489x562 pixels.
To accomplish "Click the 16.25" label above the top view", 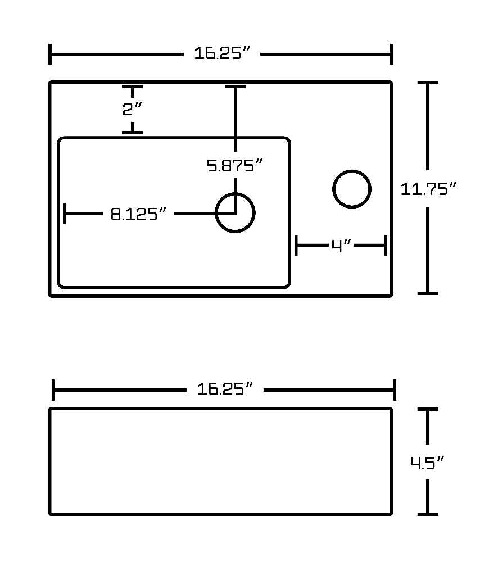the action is tap(221, 53).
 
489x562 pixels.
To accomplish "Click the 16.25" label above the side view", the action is tap(225, 389).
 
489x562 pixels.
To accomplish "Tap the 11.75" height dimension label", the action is tap(428, 189).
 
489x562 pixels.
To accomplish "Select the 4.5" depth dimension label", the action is tap(427, 463).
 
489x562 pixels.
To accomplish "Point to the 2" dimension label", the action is tap(132, 109).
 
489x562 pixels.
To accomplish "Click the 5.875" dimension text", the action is tap(235, 165).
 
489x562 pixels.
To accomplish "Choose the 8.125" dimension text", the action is tap(138, 214).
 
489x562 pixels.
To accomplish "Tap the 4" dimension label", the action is tap(341, 246).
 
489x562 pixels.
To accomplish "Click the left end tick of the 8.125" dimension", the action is tap(65, 214).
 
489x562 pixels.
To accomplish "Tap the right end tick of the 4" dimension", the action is tap(386, 246).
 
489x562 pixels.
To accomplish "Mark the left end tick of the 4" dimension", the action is tap(296, 246).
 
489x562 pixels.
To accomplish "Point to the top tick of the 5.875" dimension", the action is tap(235, 87).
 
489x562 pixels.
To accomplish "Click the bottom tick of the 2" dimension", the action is tap(132, 133).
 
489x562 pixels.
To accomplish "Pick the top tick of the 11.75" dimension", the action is tap(428, 83).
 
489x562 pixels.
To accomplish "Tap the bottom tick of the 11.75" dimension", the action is tap(428, 293).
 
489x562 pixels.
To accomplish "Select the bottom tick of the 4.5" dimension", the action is tap(428, 514).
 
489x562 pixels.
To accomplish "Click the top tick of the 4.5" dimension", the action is tap(428, 409).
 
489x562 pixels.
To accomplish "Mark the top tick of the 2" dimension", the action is tap(132, 87).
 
